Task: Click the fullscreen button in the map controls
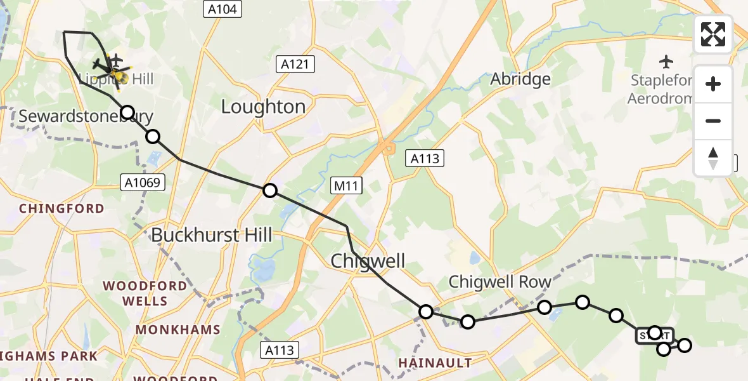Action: tap(713, 34)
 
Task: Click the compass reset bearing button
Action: tap(713, 158)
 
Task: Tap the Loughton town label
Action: tap(263, 106)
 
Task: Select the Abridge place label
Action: tap(520, 79)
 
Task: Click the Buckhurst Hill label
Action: tap(211, 235)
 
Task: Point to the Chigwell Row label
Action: tap(500, 281)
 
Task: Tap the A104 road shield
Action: tap(221, 9)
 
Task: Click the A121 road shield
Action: tap(295, 64)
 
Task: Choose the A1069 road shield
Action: tap(143, 183)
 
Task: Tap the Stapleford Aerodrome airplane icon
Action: tap(666, 62)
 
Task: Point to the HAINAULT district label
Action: tap(435, 363)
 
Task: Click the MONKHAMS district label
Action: tap(177, 330)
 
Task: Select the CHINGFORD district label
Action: tap(61, 208)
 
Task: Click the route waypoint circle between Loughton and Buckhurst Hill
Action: tap(270, 190)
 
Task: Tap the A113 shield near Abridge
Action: tap(425, 159)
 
